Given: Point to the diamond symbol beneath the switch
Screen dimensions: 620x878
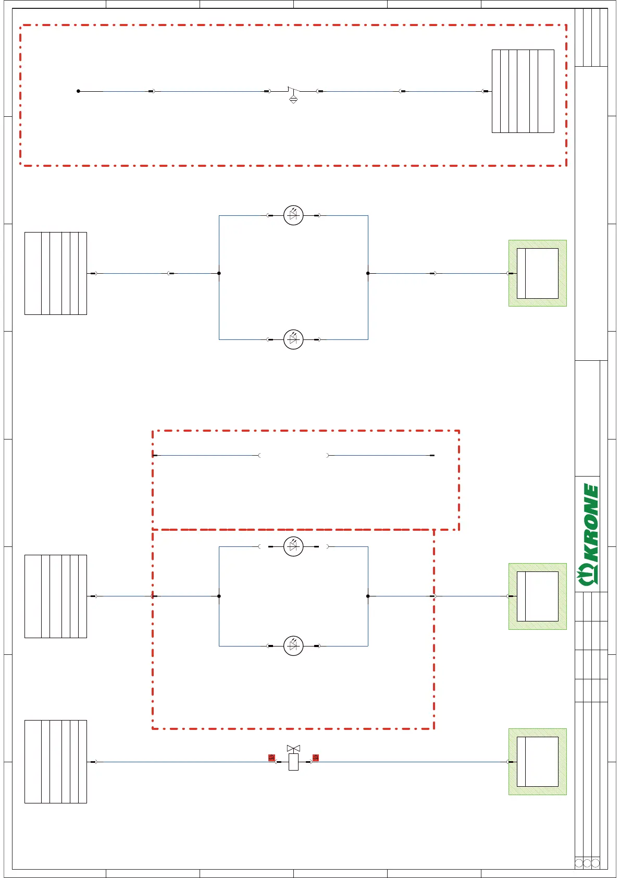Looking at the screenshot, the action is (x=293, y=100).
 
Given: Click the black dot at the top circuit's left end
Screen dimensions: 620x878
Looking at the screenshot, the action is (x=78, y=91).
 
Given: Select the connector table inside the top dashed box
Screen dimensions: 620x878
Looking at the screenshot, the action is (x=523, y=91).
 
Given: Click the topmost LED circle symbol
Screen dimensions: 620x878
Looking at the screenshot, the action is (x=293, y=215).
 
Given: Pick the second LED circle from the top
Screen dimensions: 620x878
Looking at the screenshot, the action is (x=293, y=339).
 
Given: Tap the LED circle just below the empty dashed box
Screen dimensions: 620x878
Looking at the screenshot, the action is (x=293, y=546).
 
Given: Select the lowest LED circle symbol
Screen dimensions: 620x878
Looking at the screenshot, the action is (x=293, y=646).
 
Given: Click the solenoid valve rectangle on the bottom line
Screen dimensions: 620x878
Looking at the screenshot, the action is (x=293, y=762).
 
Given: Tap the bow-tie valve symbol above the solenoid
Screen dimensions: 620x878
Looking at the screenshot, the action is (x=293, y=748).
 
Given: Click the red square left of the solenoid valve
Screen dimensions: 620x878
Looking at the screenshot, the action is (x=271, y=758).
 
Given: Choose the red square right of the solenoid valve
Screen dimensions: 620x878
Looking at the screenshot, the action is (x=315, y=758).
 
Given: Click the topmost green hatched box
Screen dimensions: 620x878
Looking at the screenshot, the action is (x=537, y=273).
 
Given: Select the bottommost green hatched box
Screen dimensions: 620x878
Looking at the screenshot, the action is (x=537, y=762).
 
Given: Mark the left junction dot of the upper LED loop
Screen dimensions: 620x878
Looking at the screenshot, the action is (x=219, y=273).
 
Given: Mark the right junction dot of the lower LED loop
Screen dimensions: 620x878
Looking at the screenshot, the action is (x=368, y=596).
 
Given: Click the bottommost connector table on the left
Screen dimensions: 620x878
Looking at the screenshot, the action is (x=56, y=762).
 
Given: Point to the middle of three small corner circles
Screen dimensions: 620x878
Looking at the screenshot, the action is (x=587, y=863).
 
